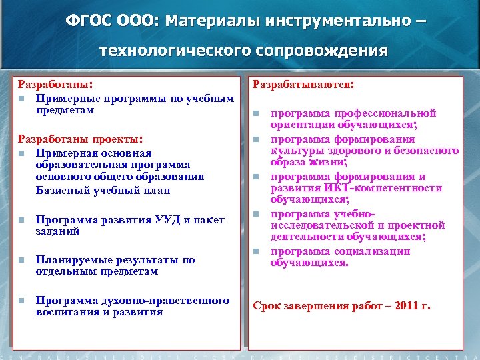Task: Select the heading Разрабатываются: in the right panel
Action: tap(302, 85)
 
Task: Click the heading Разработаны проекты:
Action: tap(79, 139)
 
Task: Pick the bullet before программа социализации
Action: tap(257, 251)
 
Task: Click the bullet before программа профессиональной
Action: tap(257, 113)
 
